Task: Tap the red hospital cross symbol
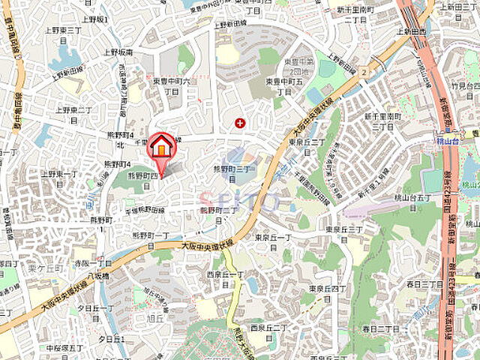click(240, 122)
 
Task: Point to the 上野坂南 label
click(118, 52)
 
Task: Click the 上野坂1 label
click(95, 19)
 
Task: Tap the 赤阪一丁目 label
click(92, 264)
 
